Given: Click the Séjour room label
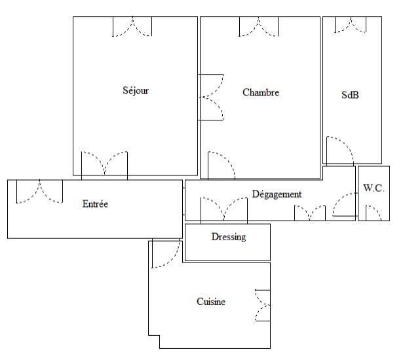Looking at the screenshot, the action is point(136,90).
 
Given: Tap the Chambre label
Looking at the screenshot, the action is point(261,92).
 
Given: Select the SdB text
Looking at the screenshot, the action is point(350,95).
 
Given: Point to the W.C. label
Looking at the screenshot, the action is point(374,188).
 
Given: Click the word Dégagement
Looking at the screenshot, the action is point(277,194).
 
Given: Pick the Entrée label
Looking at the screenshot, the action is point(95,204).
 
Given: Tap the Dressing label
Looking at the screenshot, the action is point(229,237).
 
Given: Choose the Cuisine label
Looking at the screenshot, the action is point(211,302).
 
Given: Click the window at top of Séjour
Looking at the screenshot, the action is point(132,27).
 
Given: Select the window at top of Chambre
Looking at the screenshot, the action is point(259,27).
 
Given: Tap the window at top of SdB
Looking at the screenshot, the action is point(351,25).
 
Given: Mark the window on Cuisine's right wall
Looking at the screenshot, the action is point(263,306).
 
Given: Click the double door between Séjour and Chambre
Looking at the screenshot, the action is point(211,98).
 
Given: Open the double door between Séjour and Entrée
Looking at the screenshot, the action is point(104,166).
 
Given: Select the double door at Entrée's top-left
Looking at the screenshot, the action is point(39,192).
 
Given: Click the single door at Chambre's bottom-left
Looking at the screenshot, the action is point(222,165).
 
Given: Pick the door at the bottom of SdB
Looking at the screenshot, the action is point(340,151).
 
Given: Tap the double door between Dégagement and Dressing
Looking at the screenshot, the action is point(224,210).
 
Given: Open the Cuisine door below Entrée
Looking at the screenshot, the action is point(166,253).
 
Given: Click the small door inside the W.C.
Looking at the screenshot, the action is point(374,213).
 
